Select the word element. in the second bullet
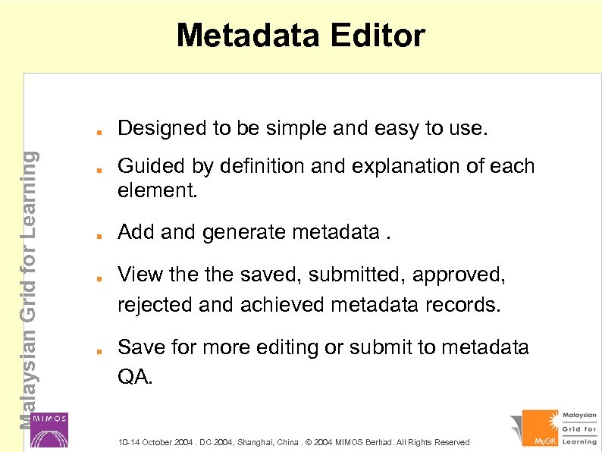coord(157,190)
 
